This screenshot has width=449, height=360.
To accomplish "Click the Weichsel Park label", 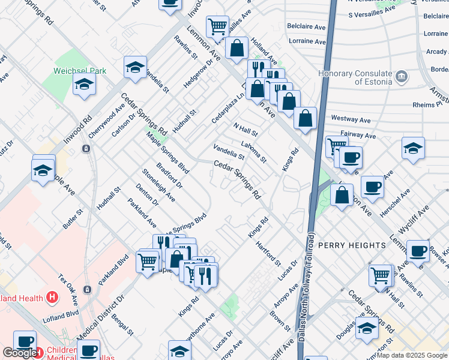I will point(79,70).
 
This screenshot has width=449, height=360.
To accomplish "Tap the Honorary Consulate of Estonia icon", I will point(402,77).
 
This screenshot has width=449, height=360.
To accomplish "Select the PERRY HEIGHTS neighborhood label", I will point(352,245).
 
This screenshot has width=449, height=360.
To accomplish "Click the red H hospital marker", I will point(53,297).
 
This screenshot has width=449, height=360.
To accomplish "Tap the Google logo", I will point(19,353).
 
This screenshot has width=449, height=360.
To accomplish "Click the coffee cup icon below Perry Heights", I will point(418,251).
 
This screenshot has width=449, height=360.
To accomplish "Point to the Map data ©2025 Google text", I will point(412,355).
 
